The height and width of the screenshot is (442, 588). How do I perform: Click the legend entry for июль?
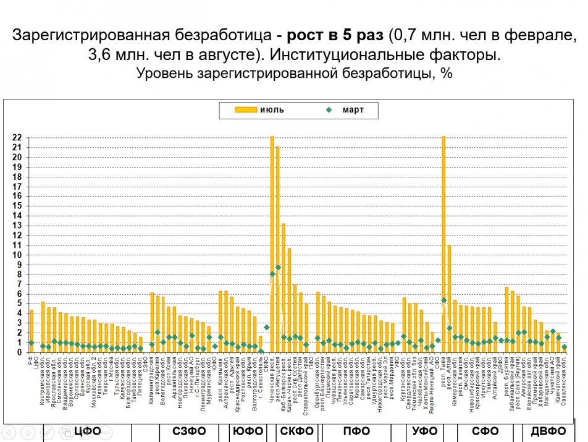click(x=260, y=110)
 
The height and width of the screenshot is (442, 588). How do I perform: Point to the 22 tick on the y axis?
click(x=18, y=138)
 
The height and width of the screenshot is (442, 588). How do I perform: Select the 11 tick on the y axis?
click(x=18, y=245)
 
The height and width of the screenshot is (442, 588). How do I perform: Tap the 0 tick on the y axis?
click(x=20, y=352)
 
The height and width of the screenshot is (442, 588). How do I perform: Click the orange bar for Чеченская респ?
click(x=272, y=244)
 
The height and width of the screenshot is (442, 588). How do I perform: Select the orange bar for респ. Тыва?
click(x=443, y=244)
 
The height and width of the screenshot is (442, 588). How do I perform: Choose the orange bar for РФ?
click(x=31, y=331)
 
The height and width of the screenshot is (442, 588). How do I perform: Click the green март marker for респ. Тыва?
click(x=443, y=300)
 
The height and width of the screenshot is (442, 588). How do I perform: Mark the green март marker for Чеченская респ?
click(x=272, y=273)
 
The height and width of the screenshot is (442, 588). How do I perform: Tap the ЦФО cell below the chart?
click(x=87, y=431)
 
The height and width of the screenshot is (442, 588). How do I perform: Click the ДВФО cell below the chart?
click(x=548, y=431)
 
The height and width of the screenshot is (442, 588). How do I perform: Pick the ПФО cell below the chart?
click(x=358, y=431)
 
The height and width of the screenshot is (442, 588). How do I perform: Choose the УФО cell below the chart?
click(x=425, y=431)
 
